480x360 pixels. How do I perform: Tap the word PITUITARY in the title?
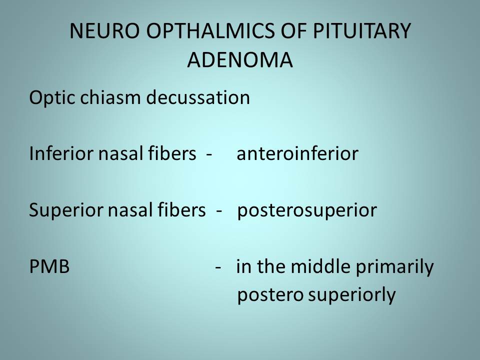click(362, 31)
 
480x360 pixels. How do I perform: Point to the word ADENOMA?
click(240, 59)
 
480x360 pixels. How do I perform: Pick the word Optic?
click(52, 98)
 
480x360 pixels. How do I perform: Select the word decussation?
click(198, 97)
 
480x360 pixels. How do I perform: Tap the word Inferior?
click(61, 153)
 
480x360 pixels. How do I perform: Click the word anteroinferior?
click(297, 153)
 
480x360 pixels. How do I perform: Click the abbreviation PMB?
click(49, 266)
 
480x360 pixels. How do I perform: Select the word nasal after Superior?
click(126, 210)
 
